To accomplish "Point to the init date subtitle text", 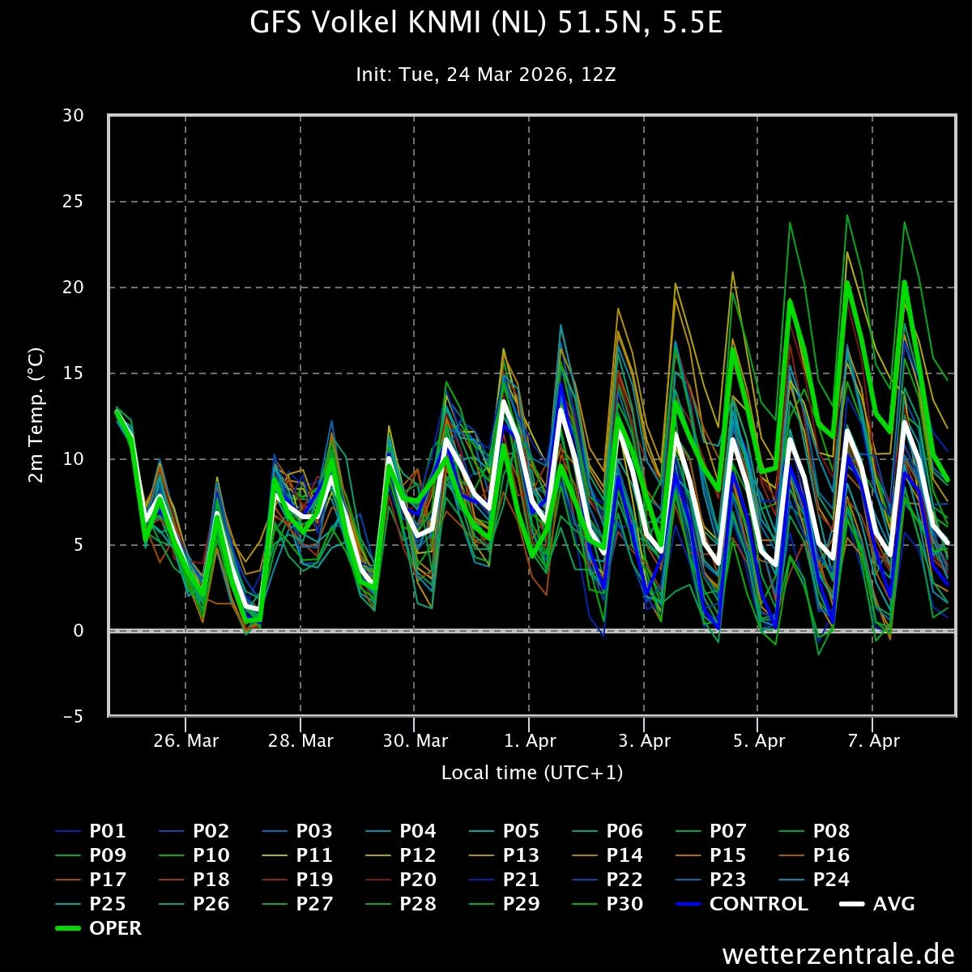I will tap(486, 75).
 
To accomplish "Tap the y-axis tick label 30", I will tap(73, 116).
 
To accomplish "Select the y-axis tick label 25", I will tap(73, 202).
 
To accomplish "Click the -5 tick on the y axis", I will tap(73, 716).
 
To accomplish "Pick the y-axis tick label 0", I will tap(79, 630).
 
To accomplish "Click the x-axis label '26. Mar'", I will tap(186, 741).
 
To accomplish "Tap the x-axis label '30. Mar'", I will tap(415, 741).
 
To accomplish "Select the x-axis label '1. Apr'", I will tap(530, 741).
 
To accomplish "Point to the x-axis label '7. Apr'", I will tap(872, 741).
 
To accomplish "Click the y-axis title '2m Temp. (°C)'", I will tap(36, 415).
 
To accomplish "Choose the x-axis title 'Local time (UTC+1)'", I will tap(532, 773).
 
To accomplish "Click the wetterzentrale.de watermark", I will tap(838, 953).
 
